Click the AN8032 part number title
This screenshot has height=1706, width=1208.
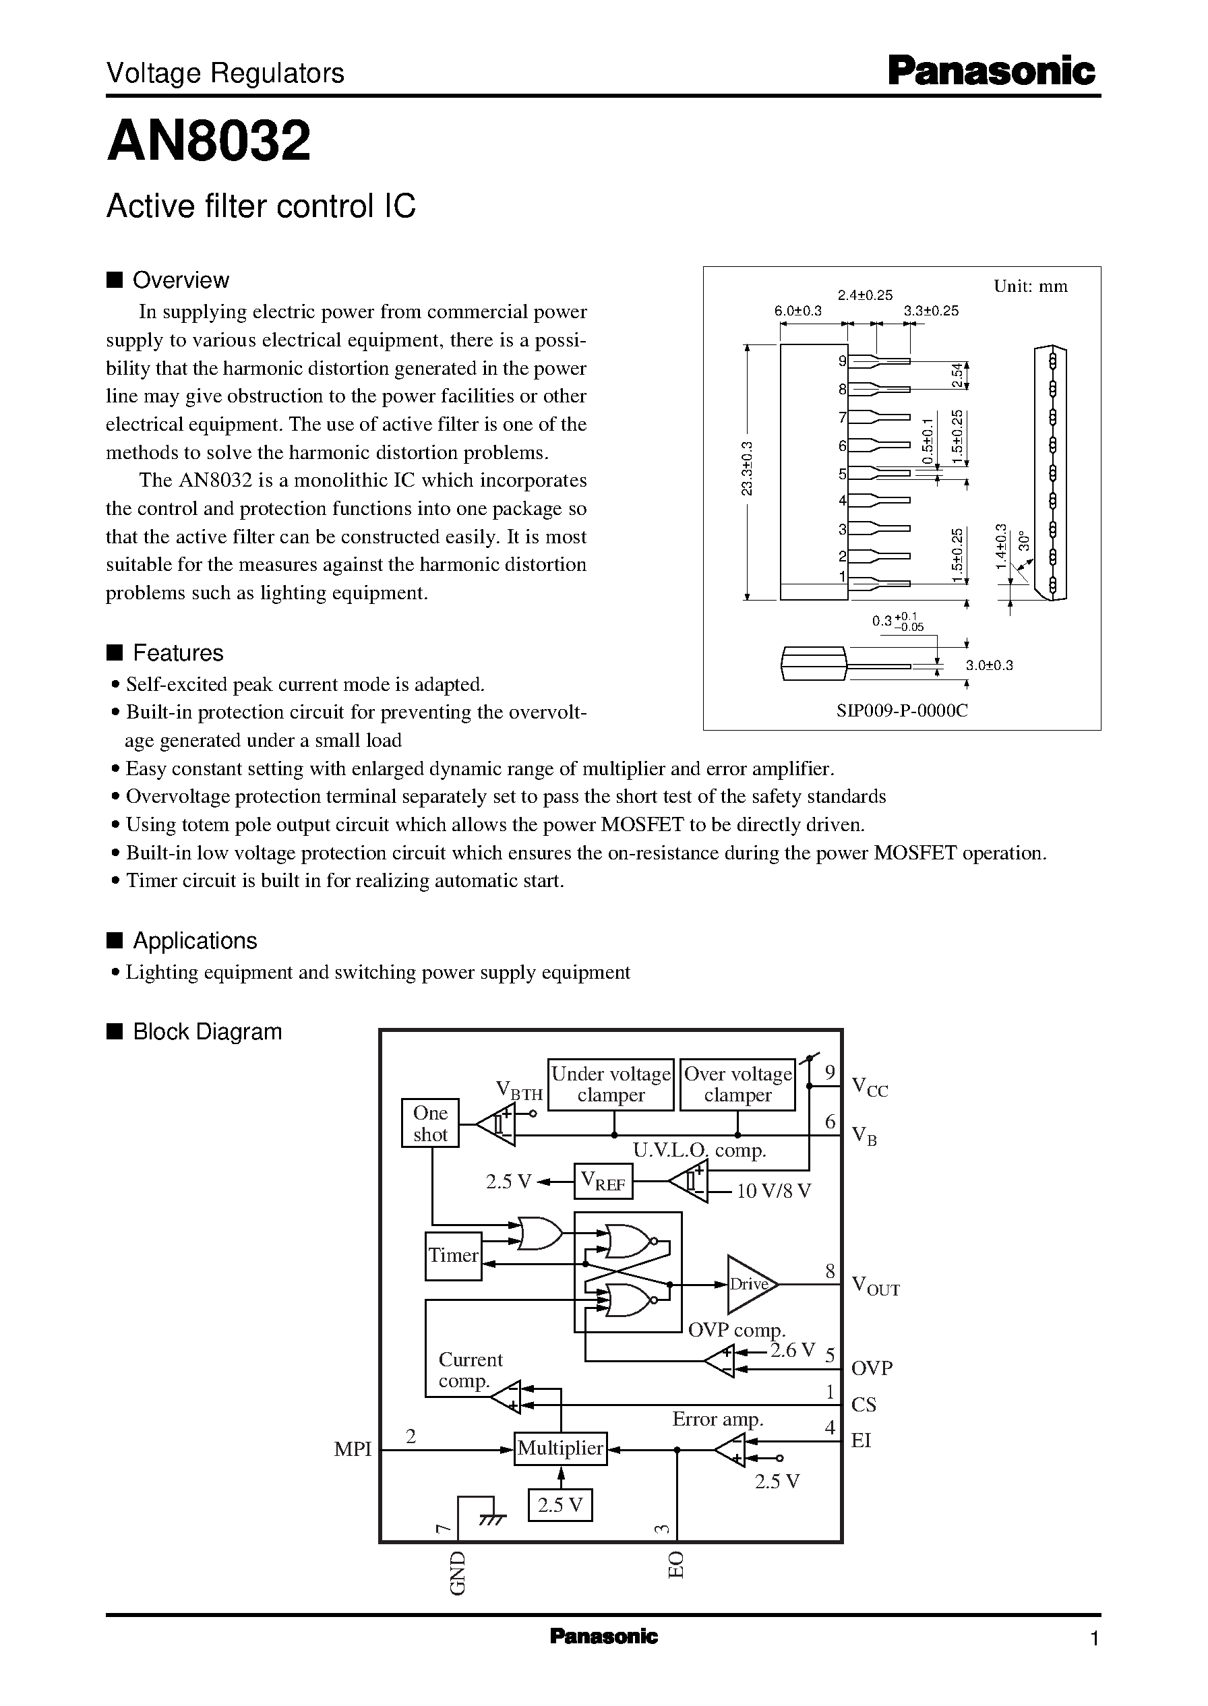coord(208,142)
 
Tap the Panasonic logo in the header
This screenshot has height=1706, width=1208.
coord(991,72)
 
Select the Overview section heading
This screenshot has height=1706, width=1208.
coord(180,280)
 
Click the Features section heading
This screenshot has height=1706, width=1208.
coord(177,653)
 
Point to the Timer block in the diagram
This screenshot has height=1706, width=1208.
coord(453,1255)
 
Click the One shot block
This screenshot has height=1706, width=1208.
coord(430,1123)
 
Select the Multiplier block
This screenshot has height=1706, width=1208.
coord(560,1447)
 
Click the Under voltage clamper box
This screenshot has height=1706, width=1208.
coord(611,1085)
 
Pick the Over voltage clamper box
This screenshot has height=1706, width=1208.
coord(738,1085)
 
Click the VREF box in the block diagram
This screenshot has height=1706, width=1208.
coord(603,1181)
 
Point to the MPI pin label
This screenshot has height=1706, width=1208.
coord(353,1449)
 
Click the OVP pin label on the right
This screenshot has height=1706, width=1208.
coord(871,1368)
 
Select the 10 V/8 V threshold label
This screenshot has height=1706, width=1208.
coord(774,1192)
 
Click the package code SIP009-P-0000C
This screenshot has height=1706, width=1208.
coord(901,710)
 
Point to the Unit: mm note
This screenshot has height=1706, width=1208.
coord(1030,286)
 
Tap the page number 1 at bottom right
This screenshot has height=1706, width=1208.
coord(1093,1639)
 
